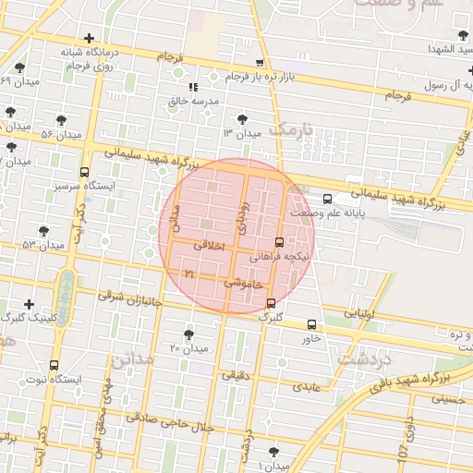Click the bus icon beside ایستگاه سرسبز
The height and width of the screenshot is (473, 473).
[85, 172]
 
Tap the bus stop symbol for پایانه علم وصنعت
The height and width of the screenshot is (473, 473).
[327, 200]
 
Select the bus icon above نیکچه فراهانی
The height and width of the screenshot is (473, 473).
[280, 242]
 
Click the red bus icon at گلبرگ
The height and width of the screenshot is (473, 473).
[271, 303]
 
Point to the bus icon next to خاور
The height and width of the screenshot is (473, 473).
[311, 324]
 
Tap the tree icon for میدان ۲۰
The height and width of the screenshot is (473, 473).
[189, 334]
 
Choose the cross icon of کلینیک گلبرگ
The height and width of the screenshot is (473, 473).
[30, 304]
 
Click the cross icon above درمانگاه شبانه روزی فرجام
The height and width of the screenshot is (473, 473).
[89, 39]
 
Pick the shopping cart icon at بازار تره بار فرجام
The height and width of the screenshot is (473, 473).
[260, 63]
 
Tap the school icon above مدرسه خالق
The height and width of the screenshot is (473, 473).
[193, 87]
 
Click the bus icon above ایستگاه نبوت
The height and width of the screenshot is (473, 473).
[54, 365]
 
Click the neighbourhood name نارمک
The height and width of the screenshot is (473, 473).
[289, 127]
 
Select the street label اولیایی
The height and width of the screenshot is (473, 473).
[360, 314]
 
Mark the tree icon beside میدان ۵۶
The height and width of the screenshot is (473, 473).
[62, 120]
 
